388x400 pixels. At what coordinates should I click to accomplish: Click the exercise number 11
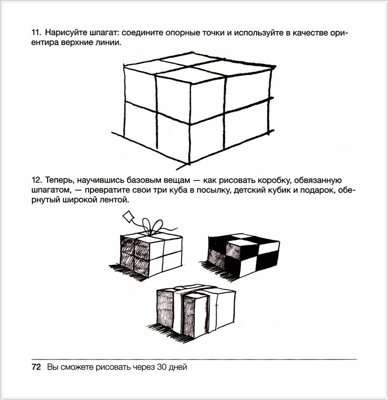pos(36,33)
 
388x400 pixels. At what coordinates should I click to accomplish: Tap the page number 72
pos(36,367)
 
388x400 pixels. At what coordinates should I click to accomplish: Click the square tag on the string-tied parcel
pos(129,217)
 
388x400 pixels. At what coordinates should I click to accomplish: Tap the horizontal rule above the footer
pos(194,359)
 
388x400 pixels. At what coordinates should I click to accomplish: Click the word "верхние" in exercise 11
pos(71,43)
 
